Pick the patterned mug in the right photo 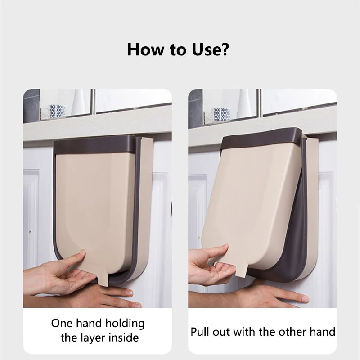tap(220, 114)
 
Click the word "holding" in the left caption tap(125, 324)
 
